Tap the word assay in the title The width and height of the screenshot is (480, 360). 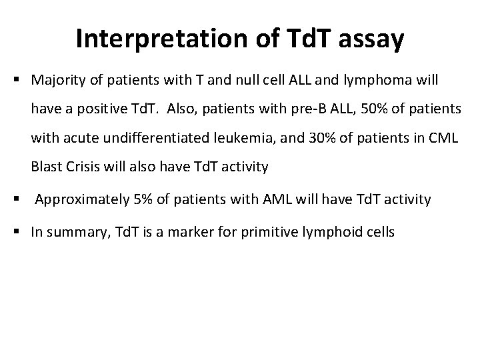(371, 39)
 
